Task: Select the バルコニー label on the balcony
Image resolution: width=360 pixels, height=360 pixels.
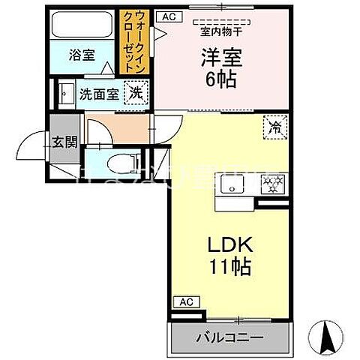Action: click(x=229, y=338)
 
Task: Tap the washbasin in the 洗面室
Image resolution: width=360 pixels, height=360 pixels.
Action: click(x=63, y=94)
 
